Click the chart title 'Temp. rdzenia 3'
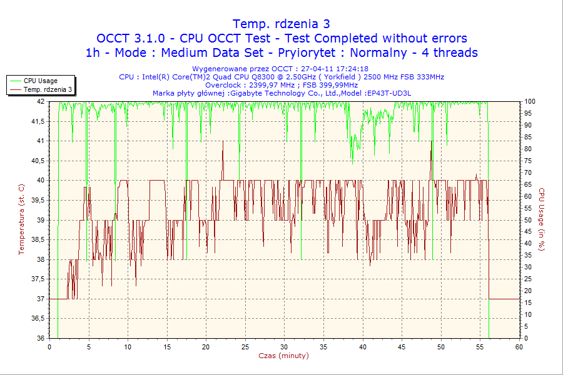[x=281, y=24]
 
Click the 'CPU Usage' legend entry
[x=41, y=81]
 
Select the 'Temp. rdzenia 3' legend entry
[x=48, y=90]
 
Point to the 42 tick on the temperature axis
[x=41, y=101]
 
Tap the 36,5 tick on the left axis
[x=37, y=319]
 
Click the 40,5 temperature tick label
[x=37, y=161]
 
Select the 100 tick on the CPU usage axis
[x=529, y=101]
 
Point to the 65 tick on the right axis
[x=527, y=184]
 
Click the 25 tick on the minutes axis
[x=245, y=346]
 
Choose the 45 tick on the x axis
[x=402, y=346]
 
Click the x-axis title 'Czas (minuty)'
[x=283, y=356]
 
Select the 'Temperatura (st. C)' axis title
[x=22, y=219]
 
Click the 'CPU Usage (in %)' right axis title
[x=542, y=219]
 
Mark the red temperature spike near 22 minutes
[x=223, y=142]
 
